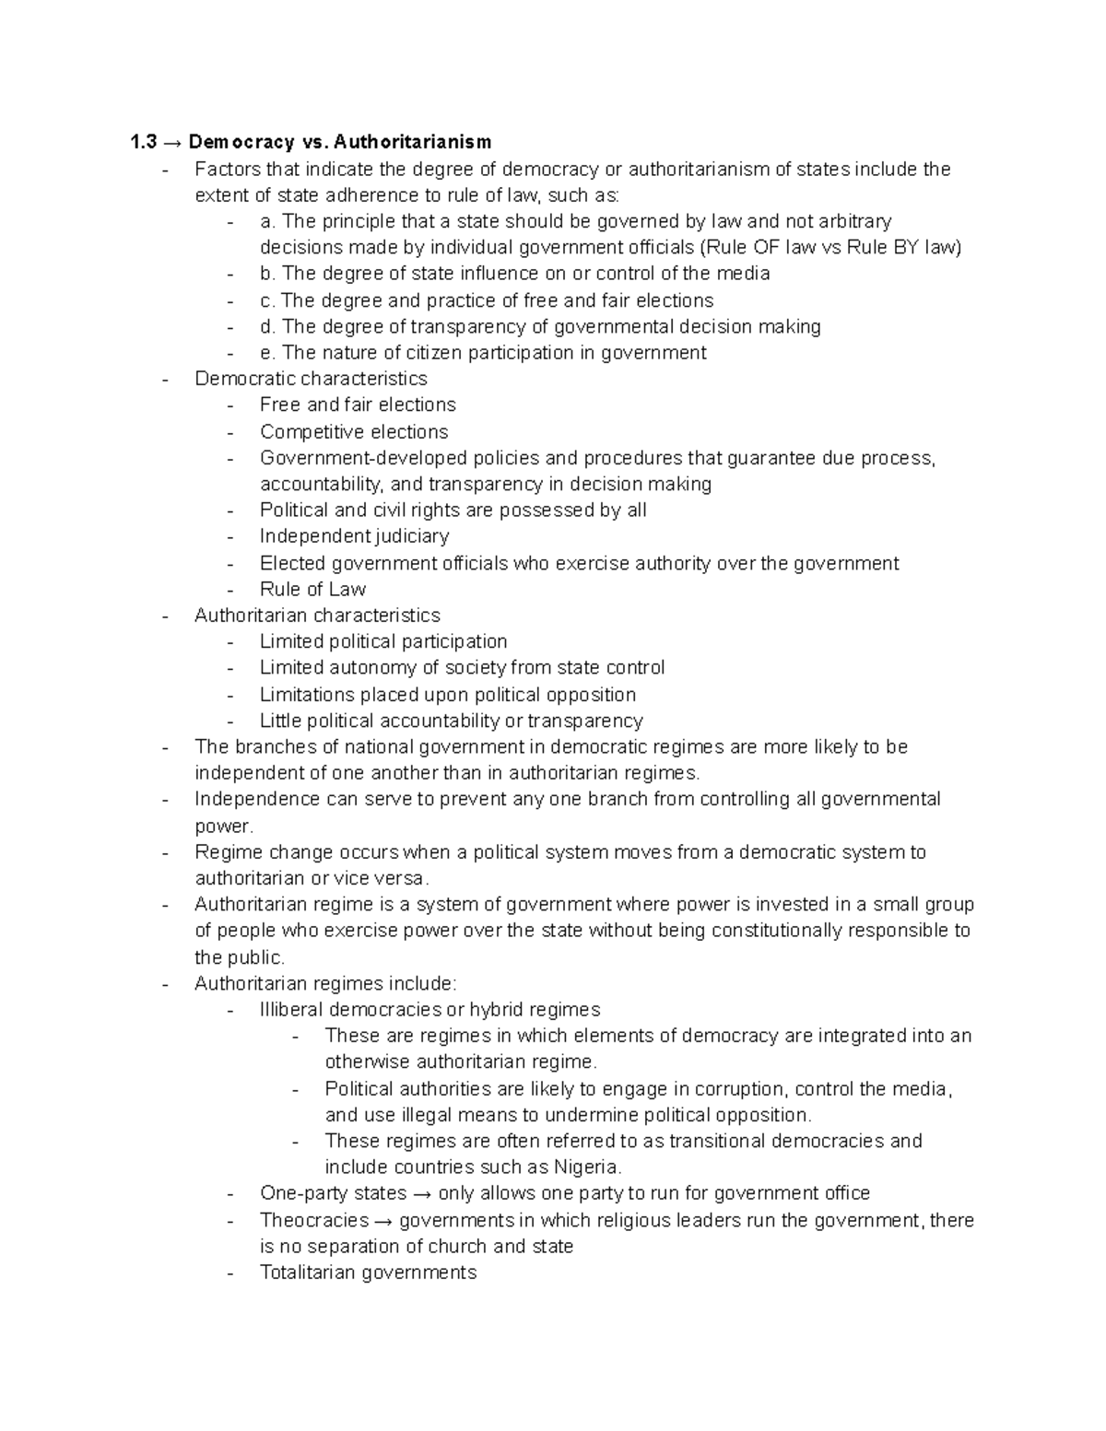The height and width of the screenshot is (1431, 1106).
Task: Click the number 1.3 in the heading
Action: [x=144, y=142]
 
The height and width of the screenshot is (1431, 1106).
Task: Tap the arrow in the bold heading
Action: [x=173, y=142]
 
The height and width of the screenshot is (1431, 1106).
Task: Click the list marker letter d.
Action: [x=266, y=326]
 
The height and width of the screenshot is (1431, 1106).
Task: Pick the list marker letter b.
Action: [x=266, y=274]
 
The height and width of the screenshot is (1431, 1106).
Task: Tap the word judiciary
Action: [x=414, y=536]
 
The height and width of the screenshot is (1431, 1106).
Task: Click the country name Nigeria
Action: [x=587, y=1167]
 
